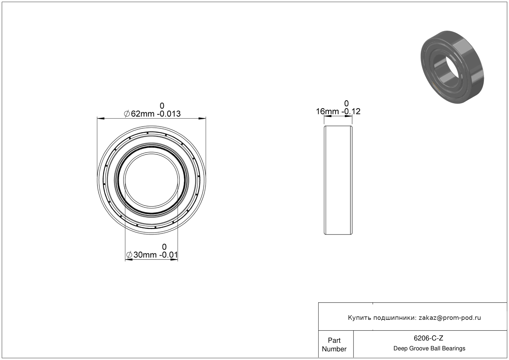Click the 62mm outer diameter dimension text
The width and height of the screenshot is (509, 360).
point(143,114)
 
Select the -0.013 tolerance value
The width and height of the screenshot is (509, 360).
point(169,114)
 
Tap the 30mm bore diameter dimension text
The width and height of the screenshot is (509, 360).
point(145,255)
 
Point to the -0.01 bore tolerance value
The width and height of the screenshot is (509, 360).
point(169,255)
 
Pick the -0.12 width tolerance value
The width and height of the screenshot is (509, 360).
point(351,111)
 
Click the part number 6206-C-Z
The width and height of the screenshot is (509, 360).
point(428,338)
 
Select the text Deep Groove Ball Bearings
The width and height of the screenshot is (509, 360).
point(429,348)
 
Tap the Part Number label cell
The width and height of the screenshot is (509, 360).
point(334,344)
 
